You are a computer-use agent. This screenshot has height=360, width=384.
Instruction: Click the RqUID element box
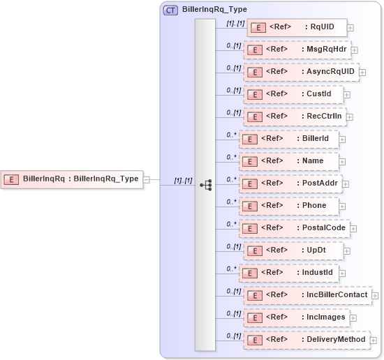coord(297,28)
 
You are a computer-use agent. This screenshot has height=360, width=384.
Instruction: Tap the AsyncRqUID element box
coord(301,72)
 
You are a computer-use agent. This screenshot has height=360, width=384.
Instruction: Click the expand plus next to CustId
coord(347,94)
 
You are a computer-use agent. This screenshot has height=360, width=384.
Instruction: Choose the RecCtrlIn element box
coord(295,117)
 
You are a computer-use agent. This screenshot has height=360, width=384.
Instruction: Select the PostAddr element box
coord(291,183)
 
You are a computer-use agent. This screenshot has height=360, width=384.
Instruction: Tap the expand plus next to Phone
coord(343,206)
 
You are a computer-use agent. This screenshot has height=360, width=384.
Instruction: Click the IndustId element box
coord(291,273)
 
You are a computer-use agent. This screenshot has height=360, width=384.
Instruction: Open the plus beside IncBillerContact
coord(376,295)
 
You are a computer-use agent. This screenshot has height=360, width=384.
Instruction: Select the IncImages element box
coord(299,317)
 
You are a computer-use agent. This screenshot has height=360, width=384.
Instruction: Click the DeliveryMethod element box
coord(304,340)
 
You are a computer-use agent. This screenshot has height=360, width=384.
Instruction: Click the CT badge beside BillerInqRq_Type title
coord(170,10)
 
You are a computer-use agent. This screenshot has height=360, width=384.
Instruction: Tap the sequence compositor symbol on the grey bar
coord(205,185)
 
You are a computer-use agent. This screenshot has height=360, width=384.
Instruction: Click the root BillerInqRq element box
coord(72,179)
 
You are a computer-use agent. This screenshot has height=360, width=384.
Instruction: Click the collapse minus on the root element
coord(146,179)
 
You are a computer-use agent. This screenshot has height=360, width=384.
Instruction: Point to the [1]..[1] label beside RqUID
coord(235,23)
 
